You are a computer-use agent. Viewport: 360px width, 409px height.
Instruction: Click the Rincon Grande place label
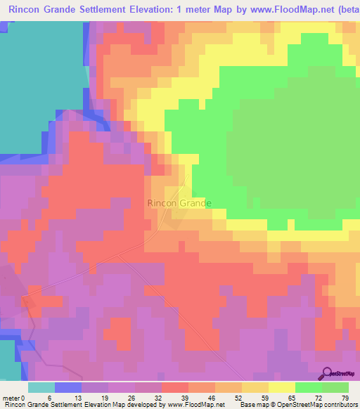pos(179,203)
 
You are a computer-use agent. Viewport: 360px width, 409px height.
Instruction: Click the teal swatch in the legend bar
pos(41,387)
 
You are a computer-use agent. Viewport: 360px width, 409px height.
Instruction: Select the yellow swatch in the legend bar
pos(281,387)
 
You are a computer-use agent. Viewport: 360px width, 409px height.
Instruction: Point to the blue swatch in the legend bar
pos(68,387)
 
